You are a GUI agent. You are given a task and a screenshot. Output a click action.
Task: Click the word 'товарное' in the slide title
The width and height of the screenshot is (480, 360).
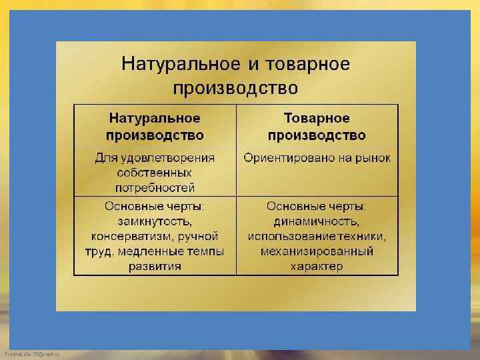point(308,65)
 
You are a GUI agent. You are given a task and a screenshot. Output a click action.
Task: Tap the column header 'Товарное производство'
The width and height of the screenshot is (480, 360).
point(317,127)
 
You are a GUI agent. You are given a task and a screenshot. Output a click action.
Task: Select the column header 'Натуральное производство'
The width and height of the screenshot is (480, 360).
point(155,127)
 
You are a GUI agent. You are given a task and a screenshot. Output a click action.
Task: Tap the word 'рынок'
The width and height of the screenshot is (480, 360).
point(372,158)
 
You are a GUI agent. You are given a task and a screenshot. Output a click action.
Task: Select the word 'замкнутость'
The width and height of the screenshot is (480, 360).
point(154,221)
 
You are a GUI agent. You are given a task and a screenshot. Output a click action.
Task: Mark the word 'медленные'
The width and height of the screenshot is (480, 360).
point(149,251)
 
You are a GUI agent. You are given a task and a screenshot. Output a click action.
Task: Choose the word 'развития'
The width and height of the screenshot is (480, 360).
point(155,267)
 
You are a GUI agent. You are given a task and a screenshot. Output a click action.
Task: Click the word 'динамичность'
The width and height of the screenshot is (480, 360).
point(317,221)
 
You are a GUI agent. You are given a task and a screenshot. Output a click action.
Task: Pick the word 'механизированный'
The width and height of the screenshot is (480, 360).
point(317,251)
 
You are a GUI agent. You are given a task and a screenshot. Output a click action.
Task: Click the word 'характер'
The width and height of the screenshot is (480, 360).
point(317,267)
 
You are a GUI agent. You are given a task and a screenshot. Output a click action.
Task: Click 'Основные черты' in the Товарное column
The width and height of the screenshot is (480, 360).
point(317,205)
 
